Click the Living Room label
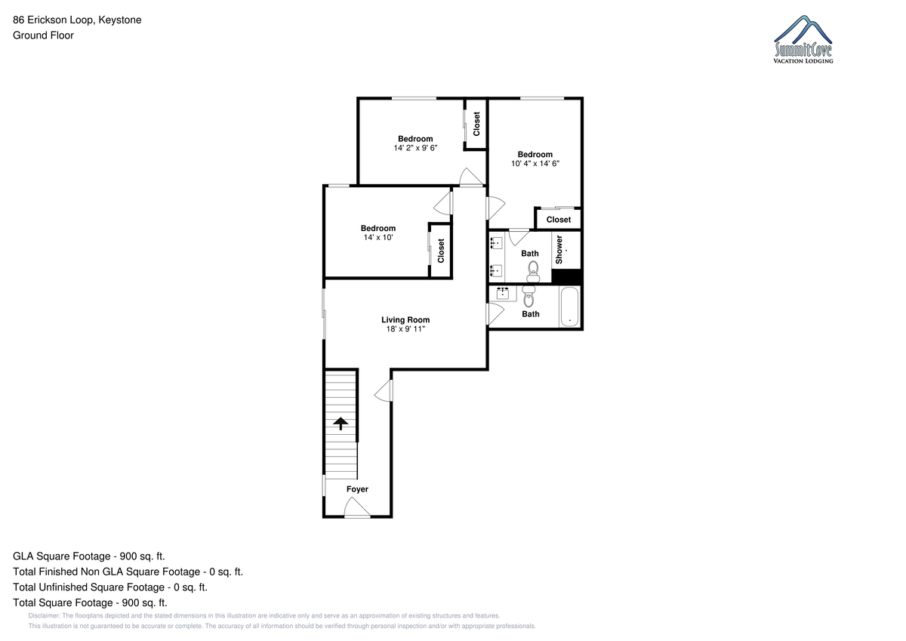pyautogui.click(x=405, y=320)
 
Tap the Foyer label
pyautogui.click(x=357, y=489)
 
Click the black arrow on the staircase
pyautogui.click(x=341, y=424)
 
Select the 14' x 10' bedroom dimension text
pyautogui.click(x=378, y=237)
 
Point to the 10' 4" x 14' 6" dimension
pyautogui.click(x=535, y=163)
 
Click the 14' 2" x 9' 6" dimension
pyautogui.click(x=415, y=148)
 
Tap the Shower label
pyautogui.click(x=559, y=250)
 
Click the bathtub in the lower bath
pyautogui.click(x=570, y=307)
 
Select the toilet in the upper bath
pyautogui.click(x=533, y=272)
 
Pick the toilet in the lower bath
pyautogui.click(x=528, y=297)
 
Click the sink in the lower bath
pyautogui.click(x=502, y=293)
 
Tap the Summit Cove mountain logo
pyautogui.click(x=803, y=39)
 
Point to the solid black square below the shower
pyautogui.click(x=566, y=276)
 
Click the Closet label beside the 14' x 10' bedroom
pyautogui.click(x=441, y=251)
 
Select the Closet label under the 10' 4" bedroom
pyautogui.click(x=559, y=220)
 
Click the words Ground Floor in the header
pyautogui.click(x=43, y=35)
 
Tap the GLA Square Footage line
pyautogui.click(x=89, y=556)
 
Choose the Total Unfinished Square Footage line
pyautogui.click(x=110, y=587)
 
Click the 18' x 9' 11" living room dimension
pyautogui.click(x=405, y=329)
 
